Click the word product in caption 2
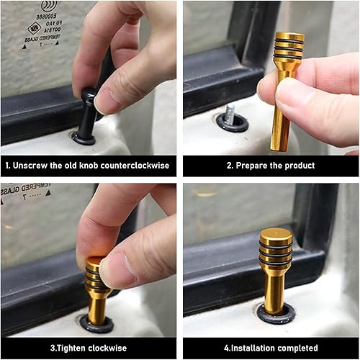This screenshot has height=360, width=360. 297,166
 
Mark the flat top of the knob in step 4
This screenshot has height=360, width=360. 276,234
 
